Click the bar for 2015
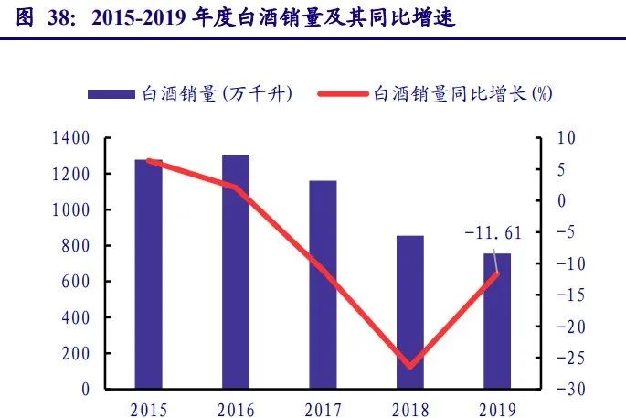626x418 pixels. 148,274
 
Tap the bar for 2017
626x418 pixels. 323,284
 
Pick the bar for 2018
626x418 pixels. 410,312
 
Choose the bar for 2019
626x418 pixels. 497,321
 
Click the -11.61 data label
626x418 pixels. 493,234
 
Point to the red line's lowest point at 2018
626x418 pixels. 410,367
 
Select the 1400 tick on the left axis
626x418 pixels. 72,138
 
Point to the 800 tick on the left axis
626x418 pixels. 77,246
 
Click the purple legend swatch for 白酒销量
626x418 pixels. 111,95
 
